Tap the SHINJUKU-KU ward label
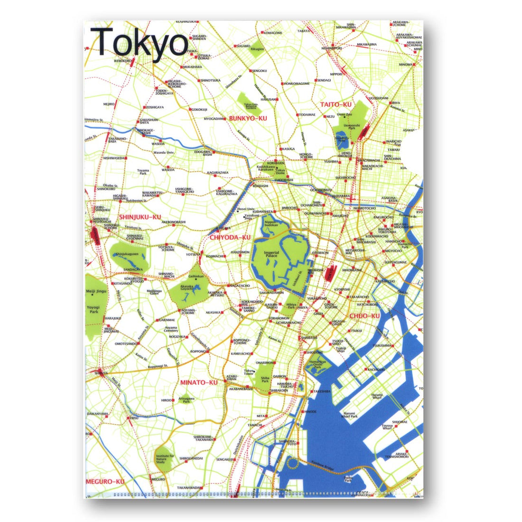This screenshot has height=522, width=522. (140, 217)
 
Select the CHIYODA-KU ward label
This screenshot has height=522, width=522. (230, 237)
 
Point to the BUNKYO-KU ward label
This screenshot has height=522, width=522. (248, 118)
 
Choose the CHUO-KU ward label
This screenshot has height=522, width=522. (364, 316)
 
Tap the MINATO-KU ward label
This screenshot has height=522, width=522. (199, 382)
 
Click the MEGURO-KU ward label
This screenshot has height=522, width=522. (105, 481)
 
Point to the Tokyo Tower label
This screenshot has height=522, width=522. (249, 373)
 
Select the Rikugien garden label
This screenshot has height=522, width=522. (258, 49)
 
